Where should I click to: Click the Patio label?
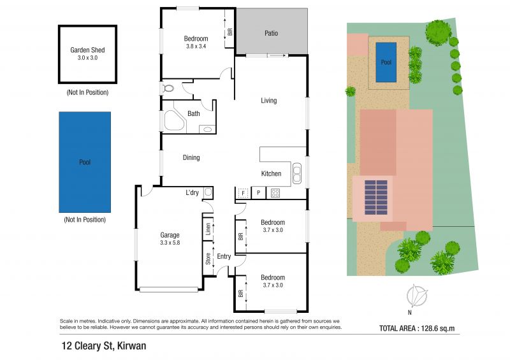(272, 33)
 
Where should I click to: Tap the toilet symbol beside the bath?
(168, 88)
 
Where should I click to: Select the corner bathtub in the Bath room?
(174, 120)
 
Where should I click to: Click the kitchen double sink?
(296, 173)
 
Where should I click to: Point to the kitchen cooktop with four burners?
(275, 193)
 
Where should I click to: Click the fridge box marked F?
(243, 193)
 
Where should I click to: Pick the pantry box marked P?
(259, 193)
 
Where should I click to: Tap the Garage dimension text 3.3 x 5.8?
(170, 243)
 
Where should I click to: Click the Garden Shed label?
(87, 50)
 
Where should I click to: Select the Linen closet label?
(208, 229)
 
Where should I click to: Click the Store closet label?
(208, 259)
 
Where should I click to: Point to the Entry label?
(224, 256)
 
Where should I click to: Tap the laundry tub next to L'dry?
(208, 193)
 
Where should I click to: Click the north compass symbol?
(416, 296)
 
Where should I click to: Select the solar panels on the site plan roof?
(376, 198)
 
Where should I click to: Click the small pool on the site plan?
(386, 62)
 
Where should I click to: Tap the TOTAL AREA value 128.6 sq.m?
(438, 328)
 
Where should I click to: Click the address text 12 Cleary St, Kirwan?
(104, 346)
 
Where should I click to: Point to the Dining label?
(191, 158)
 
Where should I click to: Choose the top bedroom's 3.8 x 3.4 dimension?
(196, 46)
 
